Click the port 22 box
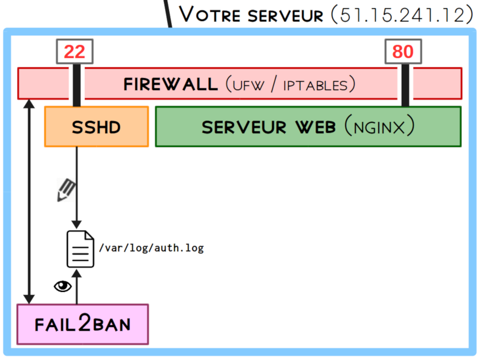74,52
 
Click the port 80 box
403,52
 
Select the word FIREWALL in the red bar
171,84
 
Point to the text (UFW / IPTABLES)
290,85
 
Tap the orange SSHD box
96,127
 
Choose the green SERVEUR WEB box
308,127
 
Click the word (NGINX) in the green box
379,127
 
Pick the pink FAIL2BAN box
83,324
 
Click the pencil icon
66,190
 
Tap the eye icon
63,286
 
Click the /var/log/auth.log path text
151,248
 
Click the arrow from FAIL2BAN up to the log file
77,288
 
